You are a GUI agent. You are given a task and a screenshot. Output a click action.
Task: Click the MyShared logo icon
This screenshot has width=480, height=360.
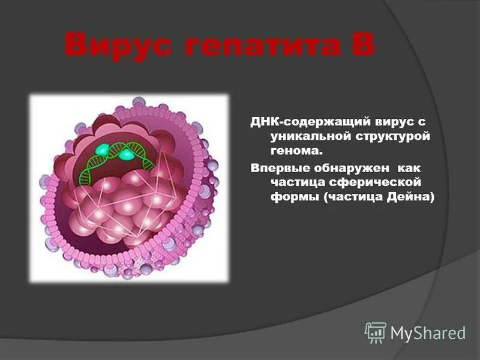(375, 332)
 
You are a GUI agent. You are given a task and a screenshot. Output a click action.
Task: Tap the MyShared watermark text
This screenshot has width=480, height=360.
(428, 332)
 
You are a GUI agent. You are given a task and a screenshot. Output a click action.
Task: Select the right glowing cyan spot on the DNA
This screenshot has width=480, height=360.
(127, 155)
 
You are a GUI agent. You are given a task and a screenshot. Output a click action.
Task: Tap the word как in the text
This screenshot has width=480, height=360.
(404, 167)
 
